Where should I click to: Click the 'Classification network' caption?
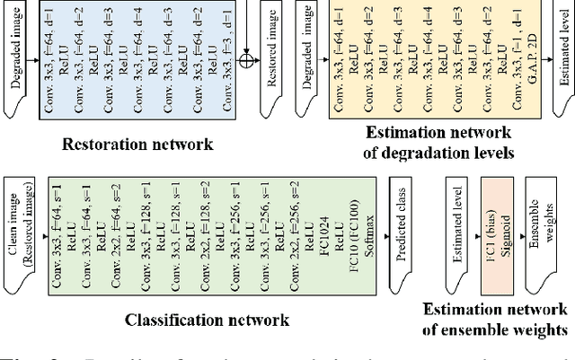tap(207, 320)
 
